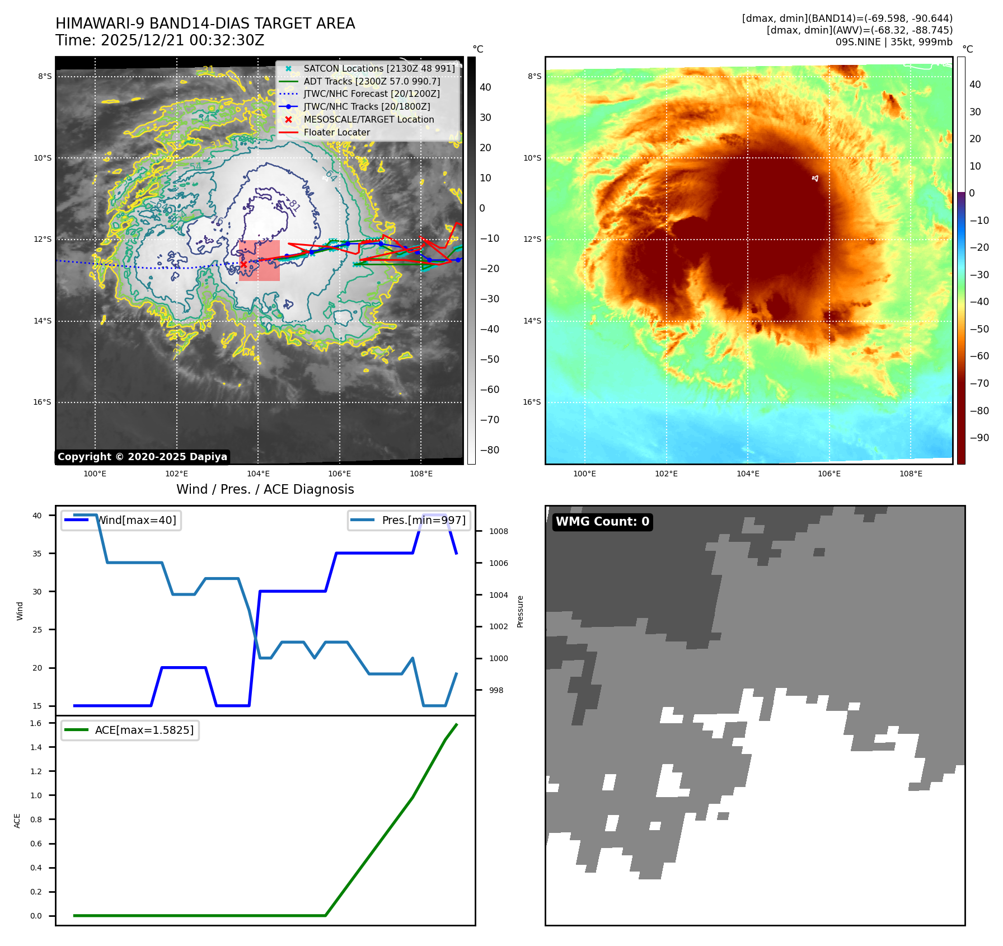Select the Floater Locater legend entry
(x=336, y=132)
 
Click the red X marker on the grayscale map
(x=243, y=264)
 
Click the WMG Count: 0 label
(x=602, y=522)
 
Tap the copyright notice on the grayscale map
(x=142, y=457)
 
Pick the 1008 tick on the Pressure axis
(x=498, y=531)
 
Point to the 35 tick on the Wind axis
(x=37, y=554)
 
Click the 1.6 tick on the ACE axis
(x=36, y=723)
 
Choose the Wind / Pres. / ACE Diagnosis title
(x=265, y=489)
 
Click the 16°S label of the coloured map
(x=532, y=402)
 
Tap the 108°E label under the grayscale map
(x=421, y=474)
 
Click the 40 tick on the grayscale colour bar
(x=485, y=87)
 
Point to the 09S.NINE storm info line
(x=893, y=42)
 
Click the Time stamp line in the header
(x=160, y=40)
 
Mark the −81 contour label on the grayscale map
(x=294, y=205)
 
